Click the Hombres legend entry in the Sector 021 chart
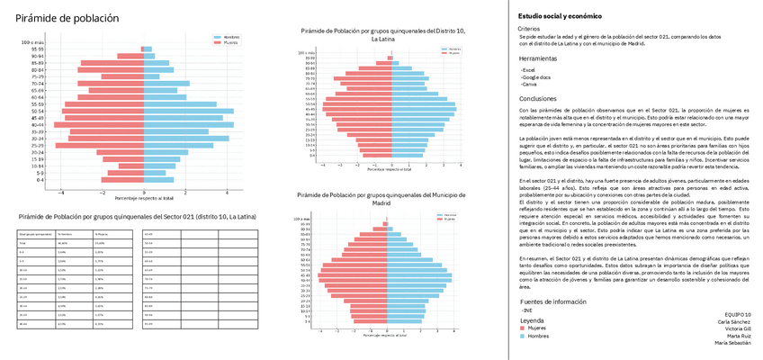coord(236,38)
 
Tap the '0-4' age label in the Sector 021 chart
coord(40,180)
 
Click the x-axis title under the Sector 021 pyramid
coord(144,196)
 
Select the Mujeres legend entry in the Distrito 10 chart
coord(454,53)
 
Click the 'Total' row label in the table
coord(22,243)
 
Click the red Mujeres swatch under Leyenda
coord(524,329)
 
